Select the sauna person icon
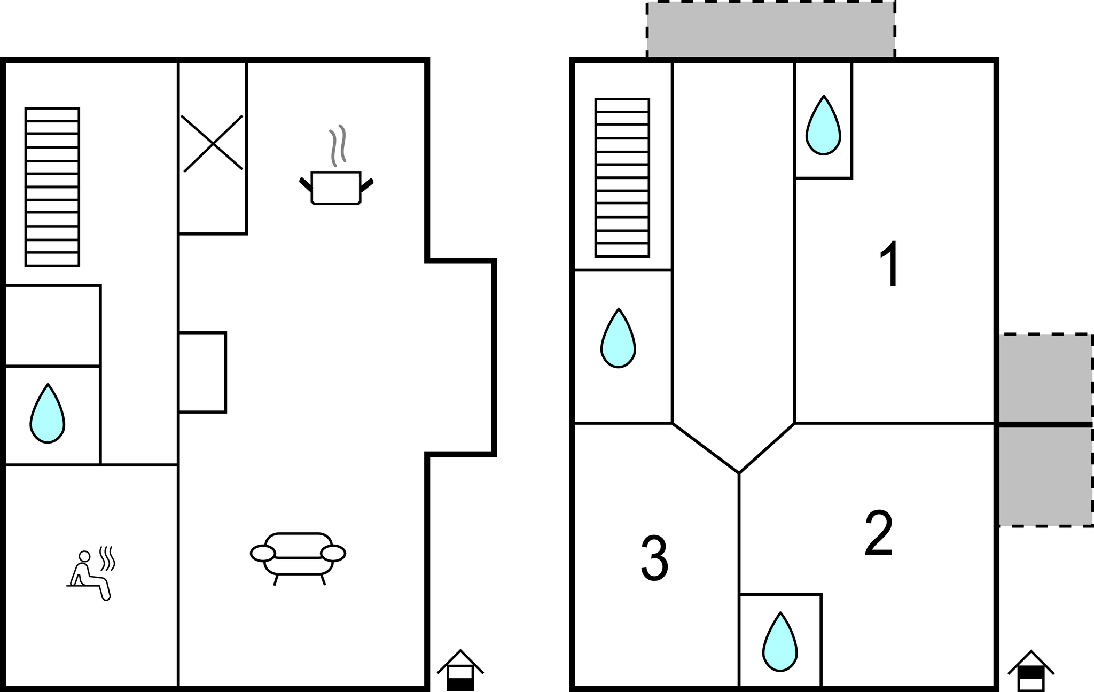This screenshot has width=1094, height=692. (91, 574)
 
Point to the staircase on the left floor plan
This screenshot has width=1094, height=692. (52, 187)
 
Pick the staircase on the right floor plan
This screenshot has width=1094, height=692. (622, 177)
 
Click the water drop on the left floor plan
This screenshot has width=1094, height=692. (48, 414)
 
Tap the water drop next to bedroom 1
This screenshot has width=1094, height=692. (823, 126)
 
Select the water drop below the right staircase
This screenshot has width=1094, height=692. (618, 338)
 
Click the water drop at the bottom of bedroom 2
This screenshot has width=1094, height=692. (780, 642)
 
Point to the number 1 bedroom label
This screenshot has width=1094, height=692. (890, 263)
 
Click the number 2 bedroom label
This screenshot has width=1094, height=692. (879, 534)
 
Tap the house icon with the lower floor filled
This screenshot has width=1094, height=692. (460, 670)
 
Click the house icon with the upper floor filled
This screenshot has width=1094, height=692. (1031, 671)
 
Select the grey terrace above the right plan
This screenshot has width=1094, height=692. (771, 29)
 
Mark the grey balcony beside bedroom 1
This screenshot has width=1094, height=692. (1045, 378)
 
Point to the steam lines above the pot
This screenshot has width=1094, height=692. (338, 145)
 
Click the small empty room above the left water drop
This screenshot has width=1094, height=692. (52, 325)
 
